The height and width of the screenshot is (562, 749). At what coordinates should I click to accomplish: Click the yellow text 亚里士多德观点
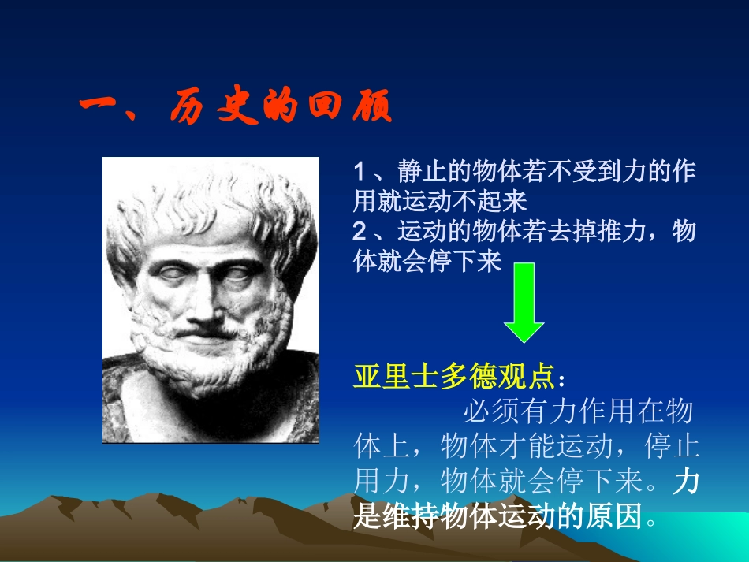(x=454, y=377)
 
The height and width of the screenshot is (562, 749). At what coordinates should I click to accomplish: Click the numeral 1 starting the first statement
(x=360, y=172)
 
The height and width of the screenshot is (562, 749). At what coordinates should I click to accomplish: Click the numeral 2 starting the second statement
(x=360, y=232)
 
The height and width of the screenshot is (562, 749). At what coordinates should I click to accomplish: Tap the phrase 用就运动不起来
(x=439, y=202)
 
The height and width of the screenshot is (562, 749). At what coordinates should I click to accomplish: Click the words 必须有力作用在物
(x=578, y=411)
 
